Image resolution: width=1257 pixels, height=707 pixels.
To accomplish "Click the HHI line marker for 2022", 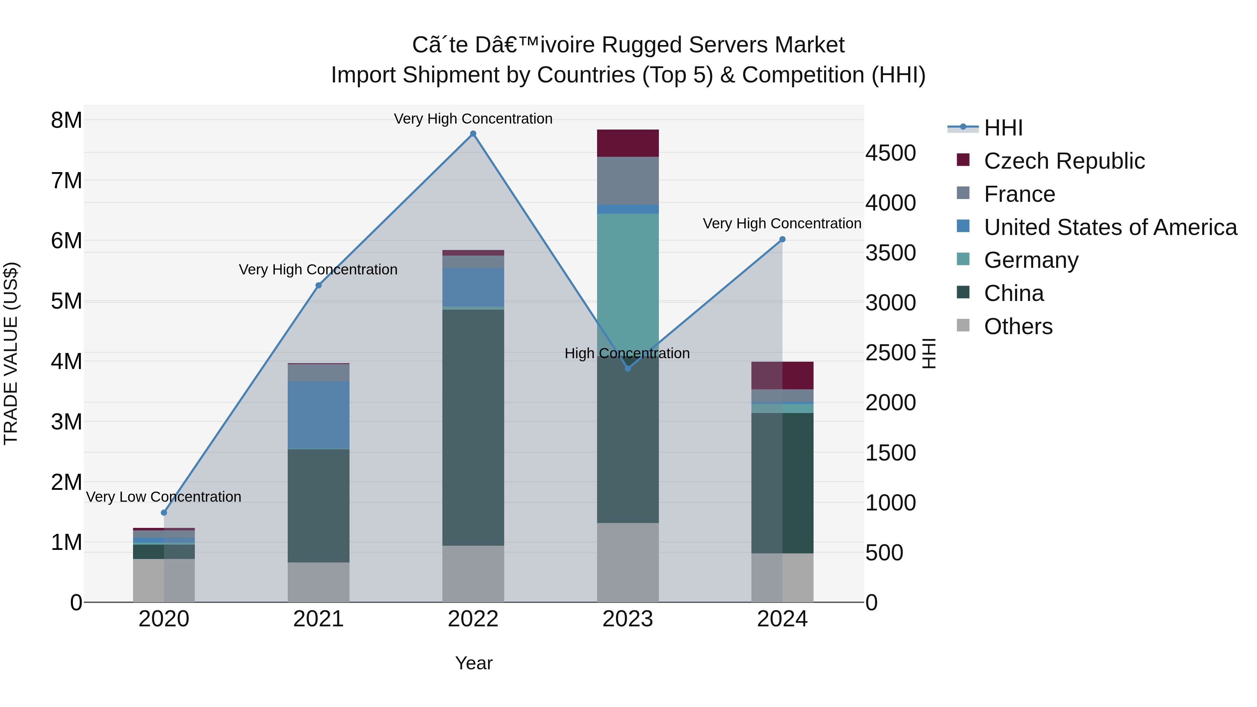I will tap(473, 134).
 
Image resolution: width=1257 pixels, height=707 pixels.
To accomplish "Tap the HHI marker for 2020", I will tap(164, 512).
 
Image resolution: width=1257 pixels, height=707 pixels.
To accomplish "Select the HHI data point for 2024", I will tap(782, 239).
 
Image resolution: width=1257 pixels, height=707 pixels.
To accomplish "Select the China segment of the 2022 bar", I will tap(473, 427).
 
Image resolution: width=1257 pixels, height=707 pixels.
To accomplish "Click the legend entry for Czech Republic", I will tap(1064, 161).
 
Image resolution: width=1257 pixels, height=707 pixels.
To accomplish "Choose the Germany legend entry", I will tap(1031, 260).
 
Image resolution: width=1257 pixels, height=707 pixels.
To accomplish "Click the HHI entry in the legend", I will tap(1003, 128).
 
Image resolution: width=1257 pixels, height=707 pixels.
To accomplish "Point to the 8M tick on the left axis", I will tap(67, 120).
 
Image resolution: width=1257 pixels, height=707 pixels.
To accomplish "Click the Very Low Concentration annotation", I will tap(164, 497).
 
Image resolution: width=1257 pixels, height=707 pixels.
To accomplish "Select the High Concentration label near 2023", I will tap(627, 353).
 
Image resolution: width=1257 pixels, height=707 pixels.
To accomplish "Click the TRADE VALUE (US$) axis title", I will tap(11, 353).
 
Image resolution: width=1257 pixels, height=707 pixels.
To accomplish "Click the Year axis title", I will tap(473, 663).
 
